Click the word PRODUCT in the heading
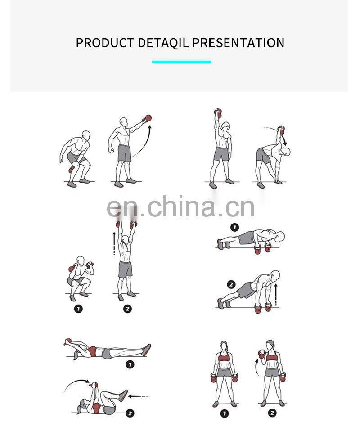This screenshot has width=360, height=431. tap(105, 43)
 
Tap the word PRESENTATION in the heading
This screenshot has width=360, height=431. tap(238, 43)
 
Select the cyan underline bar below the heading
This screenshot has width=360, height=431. tap(181, 62)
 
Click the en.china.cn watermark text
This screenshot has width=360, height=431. tap(180, 207)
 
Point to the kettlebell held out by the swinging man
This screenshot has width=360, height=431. tap(148, 118)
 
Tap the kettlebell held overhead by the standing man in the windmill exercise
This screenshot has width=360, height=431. tap(218, 113)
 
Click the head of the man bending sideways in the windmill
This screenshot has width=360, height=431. tap(286, 152)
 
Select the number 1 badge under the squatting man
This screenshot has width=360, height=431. tap(78, 309)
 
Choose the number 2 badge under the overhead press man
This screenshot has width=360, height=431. tap(127, 309)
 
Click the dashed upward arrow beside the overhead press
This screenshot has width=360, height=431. tap(114, 244)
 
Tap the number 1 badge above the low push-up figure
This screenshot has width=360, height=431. tap(234, 227)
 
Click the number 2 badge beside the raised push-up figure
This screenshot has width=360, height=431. tap(231, 284)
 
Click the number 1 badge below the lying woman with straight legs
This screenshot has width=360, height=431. tap(130, 364)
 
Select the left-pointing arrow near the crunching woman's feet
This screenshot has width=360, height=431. tap(139, 396)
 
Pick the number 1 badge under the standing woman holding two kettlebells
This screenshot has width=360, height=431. tap(225, 413)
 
